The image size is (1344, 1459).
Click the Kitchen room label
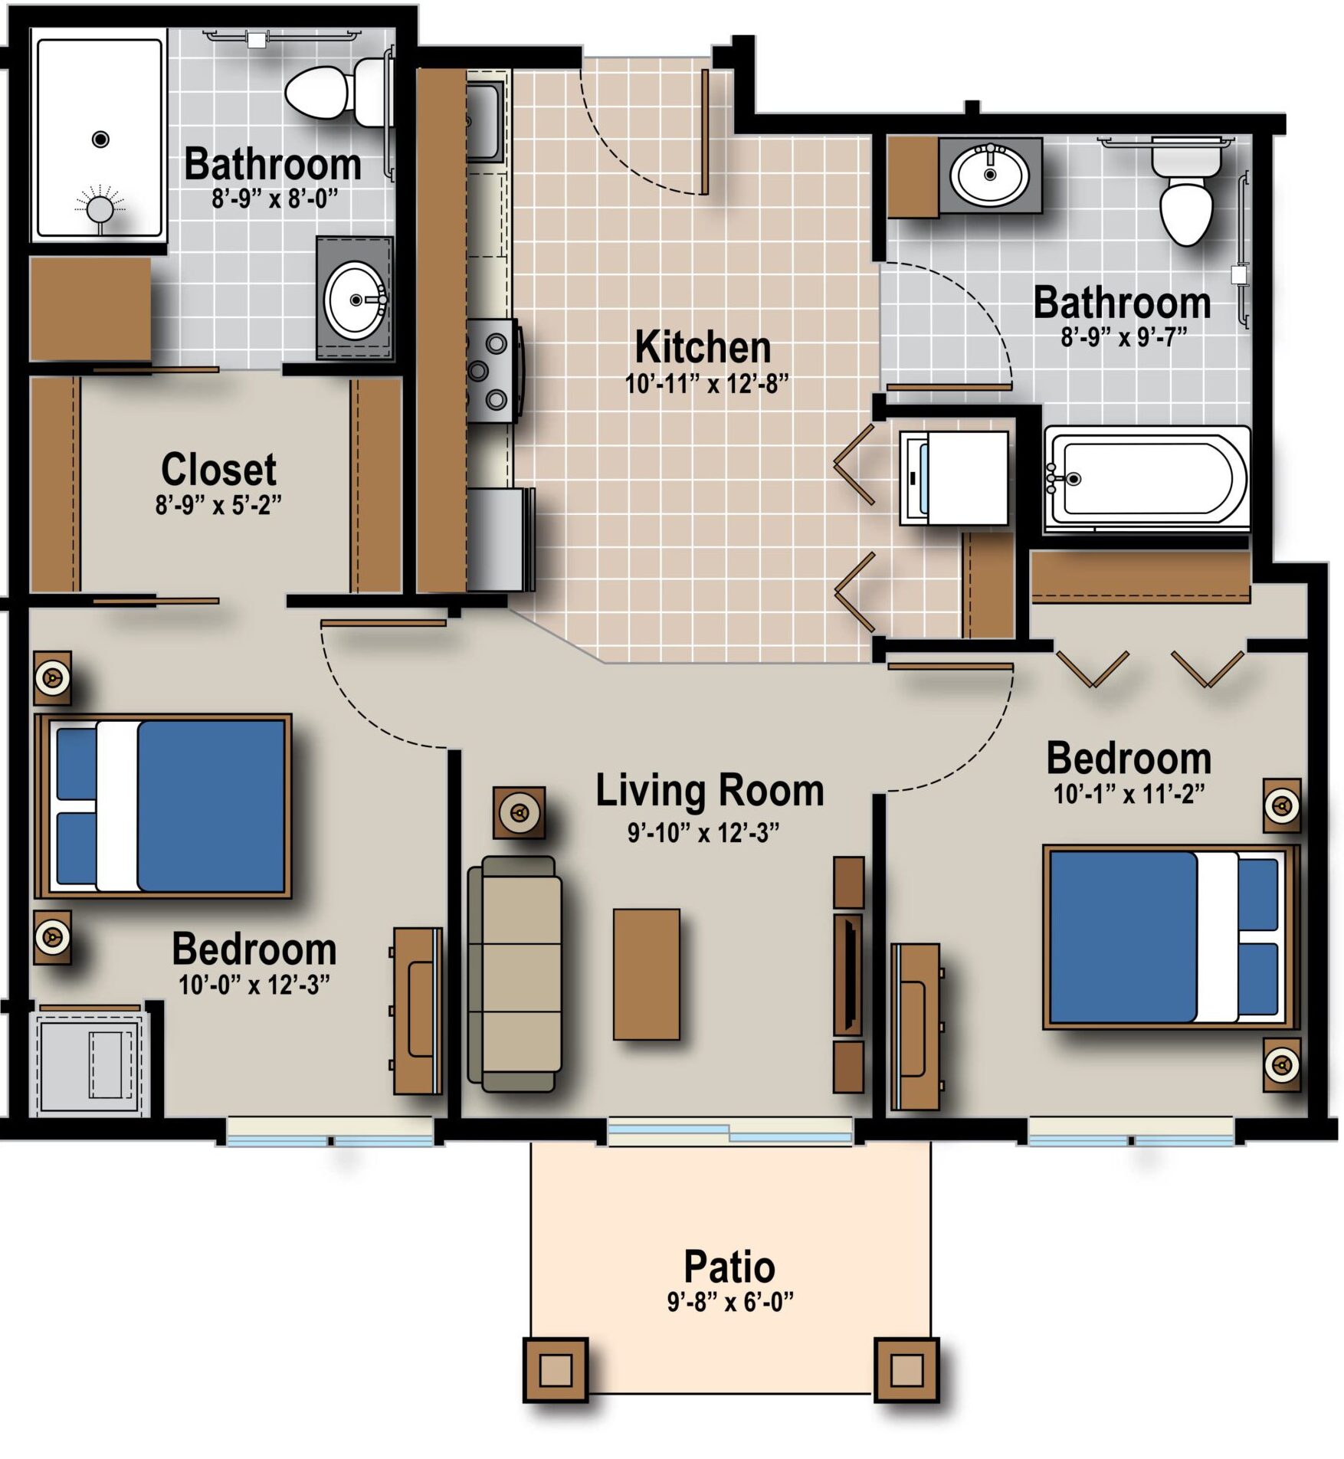[x=703, y=347]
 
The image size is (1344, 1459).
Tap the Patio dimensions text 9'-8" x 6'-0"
[x=730, y=1301]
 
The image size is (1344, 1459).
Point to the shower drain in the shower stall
[x=100, y=139]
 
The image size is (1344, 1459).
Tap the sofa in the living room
[x=514, y=973]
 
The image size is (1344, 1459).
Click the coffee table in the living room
[x=646, y=974]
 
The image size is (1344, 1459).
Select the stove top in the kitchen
[x=494, y=371]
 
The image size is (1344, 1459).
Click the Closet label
[x=218, y=469]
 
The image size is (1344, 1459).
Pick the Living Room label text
[x=710, y=791]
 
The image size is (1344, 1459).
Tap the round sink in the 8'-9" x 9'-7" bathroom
[x=990, y=174]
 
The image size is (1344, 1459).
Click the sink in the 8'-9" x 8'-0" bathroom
[x=356, y=300]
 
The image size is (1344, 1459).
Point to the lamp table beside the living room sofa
[x=520, y=812]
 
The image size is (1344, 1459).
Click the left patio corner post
[x=556, y=1369]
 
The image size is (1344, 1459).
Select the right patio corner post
[x=906, y=1369]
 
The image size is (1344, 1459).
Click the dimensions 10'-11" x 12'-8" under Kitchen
[x=706, y=384]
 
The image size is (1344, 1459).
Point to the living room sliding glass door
[x=729, y=1131]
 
